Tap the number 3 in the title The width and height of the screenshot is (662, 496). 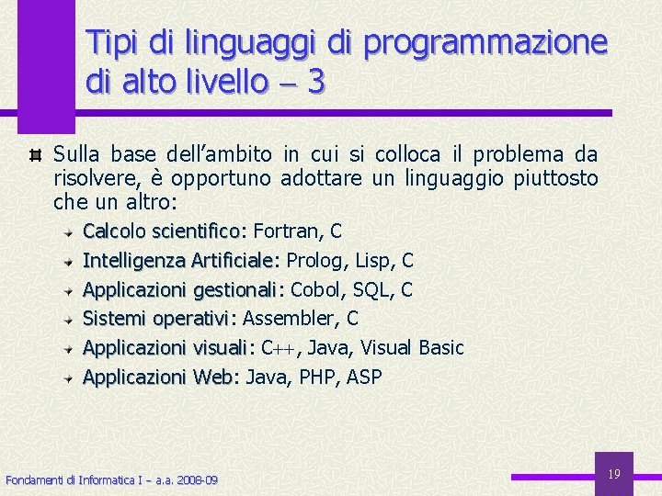[x=316, y=83]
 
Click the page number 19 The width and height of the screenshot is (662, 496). [x=615, y=474]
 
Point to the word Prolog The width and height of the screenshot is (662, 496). [x=314, y=261]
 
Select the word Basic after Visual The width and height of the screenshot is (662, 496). [x=441, y=348]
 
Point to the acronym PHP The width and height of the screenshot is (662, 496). [x=316, y=378]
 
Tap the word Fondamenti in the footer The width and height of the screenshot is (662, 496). [x=31, y=480]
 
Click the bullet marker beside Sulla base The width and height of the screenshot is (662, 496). [x=35, y=154]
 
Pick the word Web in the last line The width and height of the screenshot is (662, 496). [x=216, y=378]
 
